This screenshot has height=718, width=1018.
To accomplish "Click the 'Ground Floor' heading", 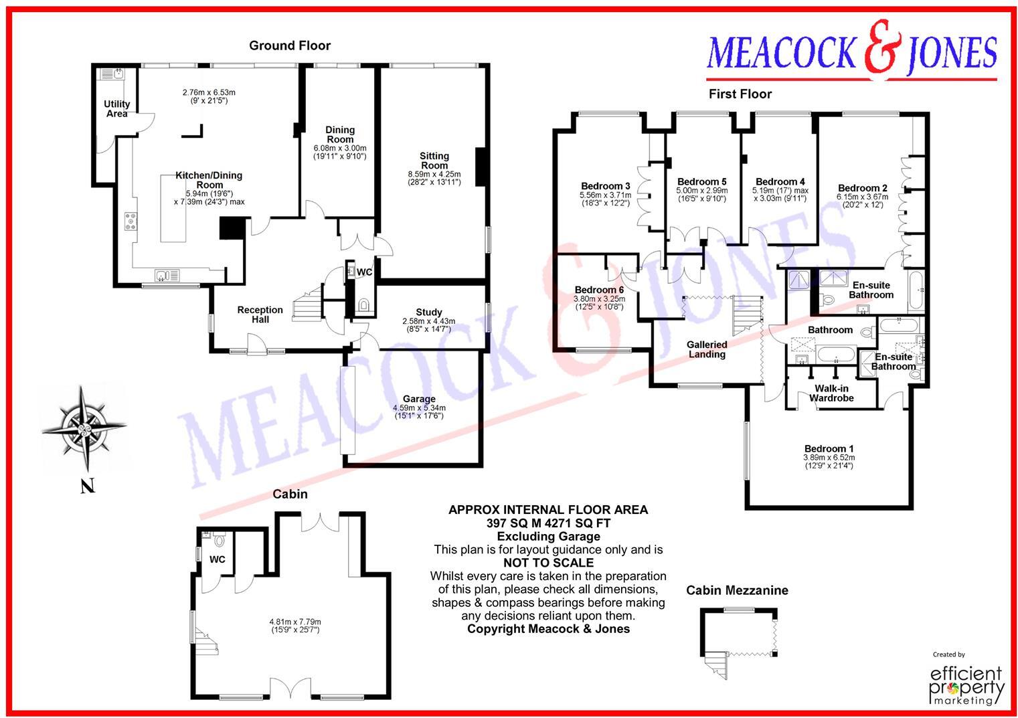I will pos(290,46).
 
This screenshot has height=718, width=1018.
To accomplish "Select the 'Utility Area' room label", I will pos(116,108).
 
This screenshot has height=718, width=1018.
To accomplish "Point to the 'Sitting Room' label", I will pos(434,161).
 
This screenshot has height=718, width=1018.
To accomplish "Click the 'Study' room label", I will pos(428,312).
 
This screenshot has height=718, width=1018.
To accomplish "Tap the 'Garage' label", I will pos(419,399).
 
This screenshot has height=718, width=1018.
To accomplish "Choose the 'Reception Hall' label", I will pos(260,315).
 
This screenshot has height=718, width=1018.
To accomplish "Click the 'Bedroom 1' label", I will pos(829,448).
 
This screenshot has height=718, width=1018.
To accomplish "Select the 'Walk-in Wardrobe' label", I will pos(831,393).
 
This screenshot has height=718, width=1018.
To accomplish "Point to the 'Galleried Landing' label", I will pos(707,349).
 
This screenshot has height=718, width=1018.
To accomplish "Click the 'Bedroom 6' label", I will pos(599,290).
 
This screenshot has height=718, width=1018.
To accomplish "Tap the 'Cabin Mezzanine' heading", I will pos(737,590).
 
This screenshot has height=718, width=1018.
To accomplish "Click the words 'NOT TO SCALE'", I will pos(547,563).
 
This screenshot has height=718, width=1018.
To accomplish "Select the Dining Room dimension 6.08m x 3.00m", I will pos(340,148).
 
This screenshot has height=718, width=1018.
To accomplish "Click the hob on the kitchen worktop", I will pos(131,221).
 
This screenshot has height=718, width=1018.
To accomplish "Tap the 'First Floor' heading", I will pos(740,94).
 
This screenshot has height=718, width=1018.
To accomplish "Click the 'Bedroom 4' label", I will pos(780,181).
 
